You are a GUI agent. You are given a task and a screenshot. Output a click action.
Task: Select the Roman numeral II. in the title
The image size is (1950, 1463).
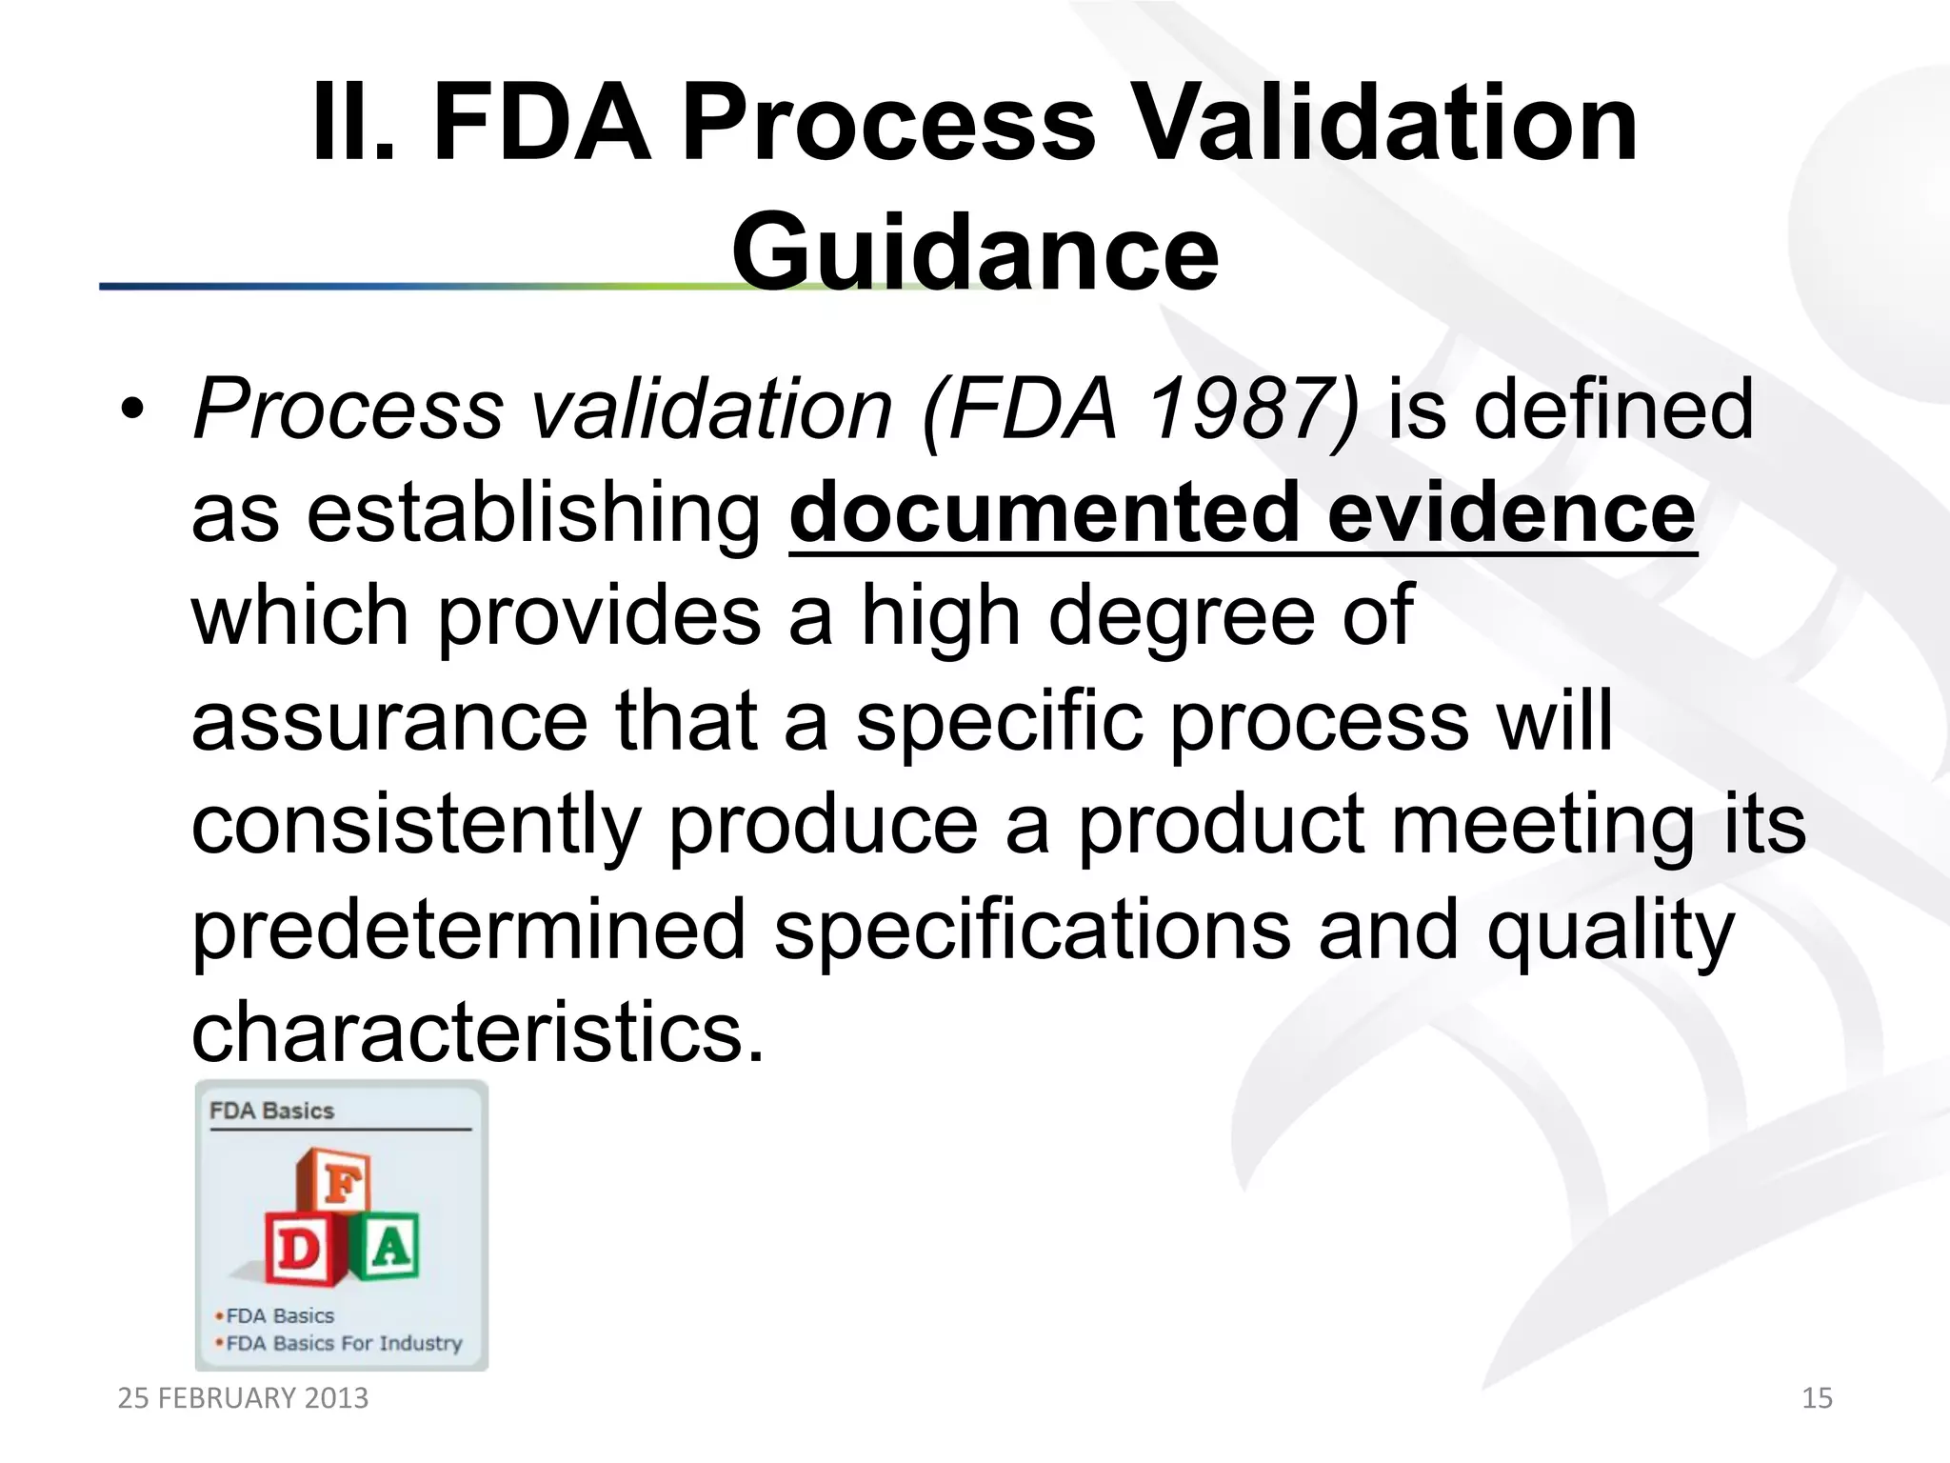pos(352,124)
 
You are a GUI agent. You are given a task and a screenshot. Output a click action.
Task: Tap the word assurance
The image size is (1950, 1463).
pos(389,721)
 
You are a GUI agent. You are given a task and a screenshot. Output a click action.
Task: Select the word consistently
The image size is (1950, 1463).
pos(416,825)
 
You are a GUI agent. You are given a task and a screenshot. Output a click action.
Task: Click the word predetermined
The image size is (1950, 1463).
pos(468,930)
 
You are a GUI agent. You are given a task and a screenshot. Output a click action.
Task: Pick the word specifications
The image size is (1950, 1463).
pos(1032,930)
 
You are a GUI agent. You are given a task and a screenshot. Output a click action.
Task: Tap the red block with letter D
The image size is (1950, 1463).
pos(298,1248)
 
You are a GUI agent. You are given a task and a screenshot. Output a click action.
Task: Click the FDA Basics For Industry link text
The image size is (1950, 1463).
pos(344,1344)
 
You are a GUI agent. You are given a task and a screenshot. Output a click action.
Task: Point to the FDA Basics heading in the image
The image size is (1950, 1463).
pos(272,1112)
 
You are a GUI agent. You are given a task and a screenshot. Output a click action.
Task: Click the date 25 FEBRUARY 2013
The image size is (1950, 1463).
pos(243,1398)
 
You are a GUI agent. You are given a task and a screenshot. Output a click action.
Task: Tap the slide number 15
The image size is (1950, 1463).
pos(1817,1398)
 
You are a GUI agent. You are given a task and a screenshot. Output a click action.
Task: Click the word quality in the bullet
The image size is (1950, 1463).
pos(1610,930)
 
